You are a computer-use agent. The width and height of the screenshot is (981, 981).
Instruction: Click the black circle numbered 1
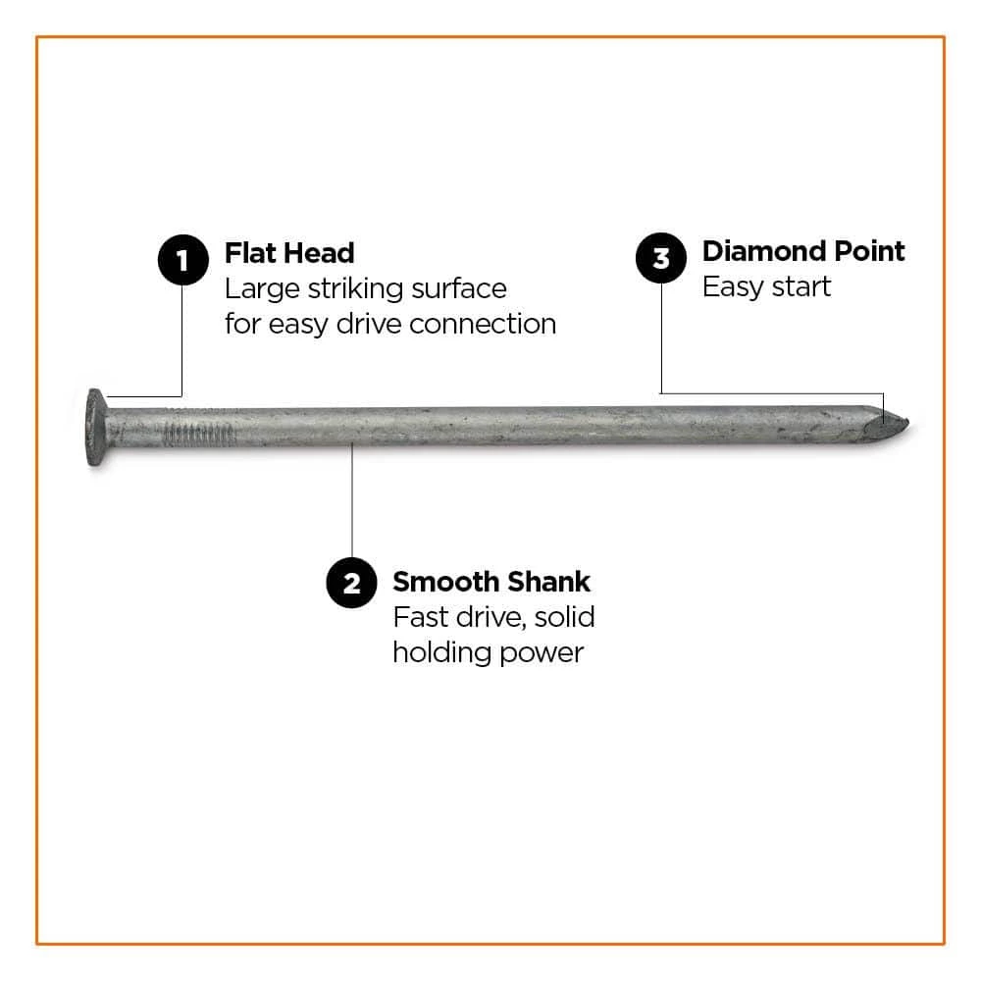point(182,260)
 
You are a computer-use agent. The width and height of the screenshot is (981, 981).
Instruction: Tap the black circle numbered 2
point(351,583)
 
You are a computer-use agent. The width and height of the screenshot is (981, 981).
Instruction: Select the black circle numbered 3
point(660,258)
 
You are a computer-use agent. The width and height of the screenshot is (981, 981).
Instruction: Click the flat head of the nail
point(96,428)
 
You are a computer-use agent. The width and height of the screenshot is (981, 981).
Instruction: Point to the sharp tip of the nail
point(908,424)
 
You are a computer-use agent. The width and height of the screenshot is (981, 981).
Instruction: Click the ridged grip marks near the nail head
point(199,434)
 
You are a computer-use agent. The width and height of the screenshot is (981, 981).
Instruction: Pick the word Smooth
point(446,582)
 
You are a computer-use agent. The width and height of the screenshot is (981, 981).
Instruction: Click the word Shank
point(548,582)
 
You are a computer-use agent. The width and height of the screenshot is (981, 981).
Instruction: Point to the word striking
point(355,290)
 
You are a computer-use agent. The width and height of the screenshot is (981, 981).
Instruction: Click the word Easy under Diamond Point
point(733,288)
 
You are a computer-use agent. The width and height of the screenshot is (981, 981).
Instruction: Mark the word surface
point(458,289)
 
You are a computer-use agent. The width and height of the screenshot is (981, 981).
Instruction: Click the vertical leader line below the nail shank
point(351,500)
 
